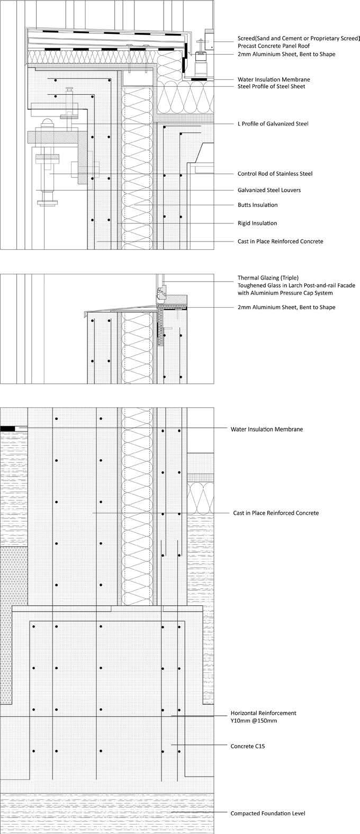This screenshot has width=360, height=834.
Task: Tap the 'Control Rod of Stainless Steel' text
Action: point(275,174)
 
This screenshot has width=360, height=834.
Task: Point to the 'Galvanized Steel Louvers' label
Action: point(269,190)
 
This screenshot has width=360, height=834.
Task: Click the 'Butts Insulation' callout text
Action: point(257,205)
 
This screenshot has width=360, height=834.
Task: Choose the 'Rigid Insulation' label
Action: point(257,223)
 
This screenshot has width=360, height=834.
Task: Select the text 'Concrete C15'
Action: point(247,746)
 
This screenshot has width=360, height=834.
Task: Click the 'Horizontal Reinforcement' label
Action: point(263,713)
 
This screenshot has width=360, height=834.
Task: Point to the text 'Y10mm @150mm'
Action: point(254,721)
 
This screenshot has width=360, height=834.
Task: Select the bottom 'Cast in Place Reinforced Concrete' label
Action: point(276,513)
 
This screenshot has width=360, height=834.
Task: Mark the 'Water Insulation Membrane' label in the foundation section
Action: point(267,429)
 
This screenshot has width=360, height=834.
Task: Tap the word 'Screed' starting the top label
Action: point(247,39)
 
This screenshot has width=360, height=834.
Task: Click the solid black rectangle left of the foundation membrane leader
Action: point(7,427)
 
